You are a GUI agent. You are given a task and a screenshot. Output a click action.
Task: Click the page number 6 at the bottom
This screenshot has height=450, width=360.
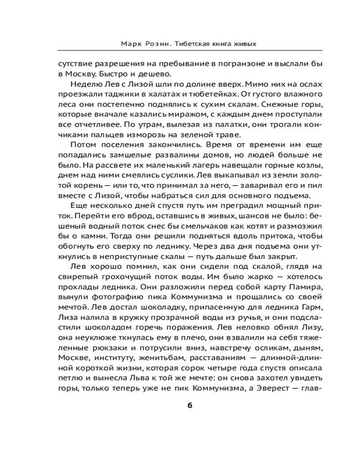coord(189,405)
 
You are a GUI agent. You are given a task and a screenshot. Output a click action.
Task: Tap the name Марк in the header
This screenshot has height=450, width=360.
coord(130,44)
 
